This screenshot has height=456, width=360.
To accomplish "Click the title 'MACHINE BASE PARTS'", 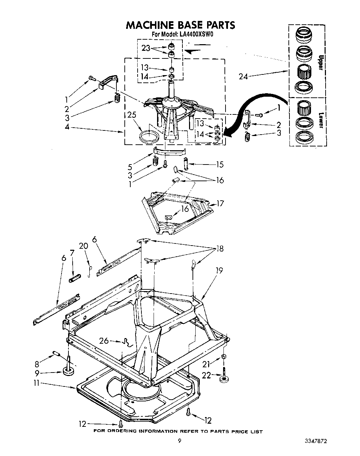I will pyautogui.click(x=180, y=25).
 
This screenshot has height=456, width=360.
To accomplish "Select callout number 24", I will pyautogui.click(x=243, y=76).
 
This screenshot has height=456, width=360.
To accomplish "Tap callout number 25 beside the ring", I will pyautogui.click(x=132, y=115).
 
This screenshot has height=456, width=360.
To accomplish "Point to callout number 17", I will pyautogui.click(x=220, y=203).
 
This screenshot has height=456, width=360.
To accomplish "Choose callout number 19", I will pyautogui.click(x=219, y=271).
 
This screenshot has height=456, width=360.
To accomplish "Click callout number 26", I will pyautogui.click(x=104, y=341).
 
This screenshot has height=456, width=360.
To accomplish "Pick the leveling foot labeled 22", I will pyautogui.click(x=225, y=378).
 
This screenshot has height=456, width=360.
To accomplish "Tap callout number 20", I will pyautogui.click(x=83, y=246).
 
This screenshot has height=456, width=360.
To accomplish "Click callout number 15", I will pyautogui.click(x=219, y=164).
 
